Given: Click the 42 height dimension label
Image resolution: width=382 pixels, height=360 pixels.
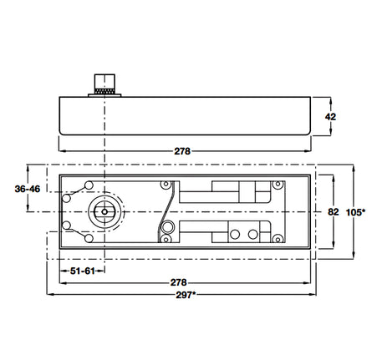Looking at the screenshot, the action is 330,117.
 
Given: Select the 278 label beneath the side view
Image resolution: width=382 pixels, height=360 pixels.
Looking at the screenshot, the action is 182,151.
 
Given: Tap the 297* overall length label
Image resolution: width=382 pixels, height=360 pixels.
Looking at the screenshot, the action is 186,295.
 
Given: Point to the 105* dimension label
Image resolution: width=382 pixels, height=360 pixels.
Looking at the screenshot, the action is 355,212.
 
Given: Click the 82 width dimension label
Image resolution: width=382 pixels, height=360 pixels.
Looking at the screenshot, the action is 334,212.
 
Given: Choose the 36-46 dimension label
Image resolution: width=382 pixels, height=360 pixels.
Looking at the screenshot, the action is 28,189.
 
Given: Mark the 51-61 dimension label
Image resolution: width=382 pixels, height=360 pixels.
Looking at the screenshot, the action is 83,271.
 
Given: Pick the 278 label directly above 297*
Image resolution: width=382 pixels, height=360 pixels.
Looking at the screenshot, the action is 178,282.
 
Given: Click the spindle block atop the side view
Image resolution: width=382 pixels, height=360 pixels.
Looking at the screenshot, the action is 104,81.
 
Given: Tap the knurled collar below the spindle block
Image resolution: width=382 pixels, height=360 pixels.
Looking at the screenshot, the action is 104,91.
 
